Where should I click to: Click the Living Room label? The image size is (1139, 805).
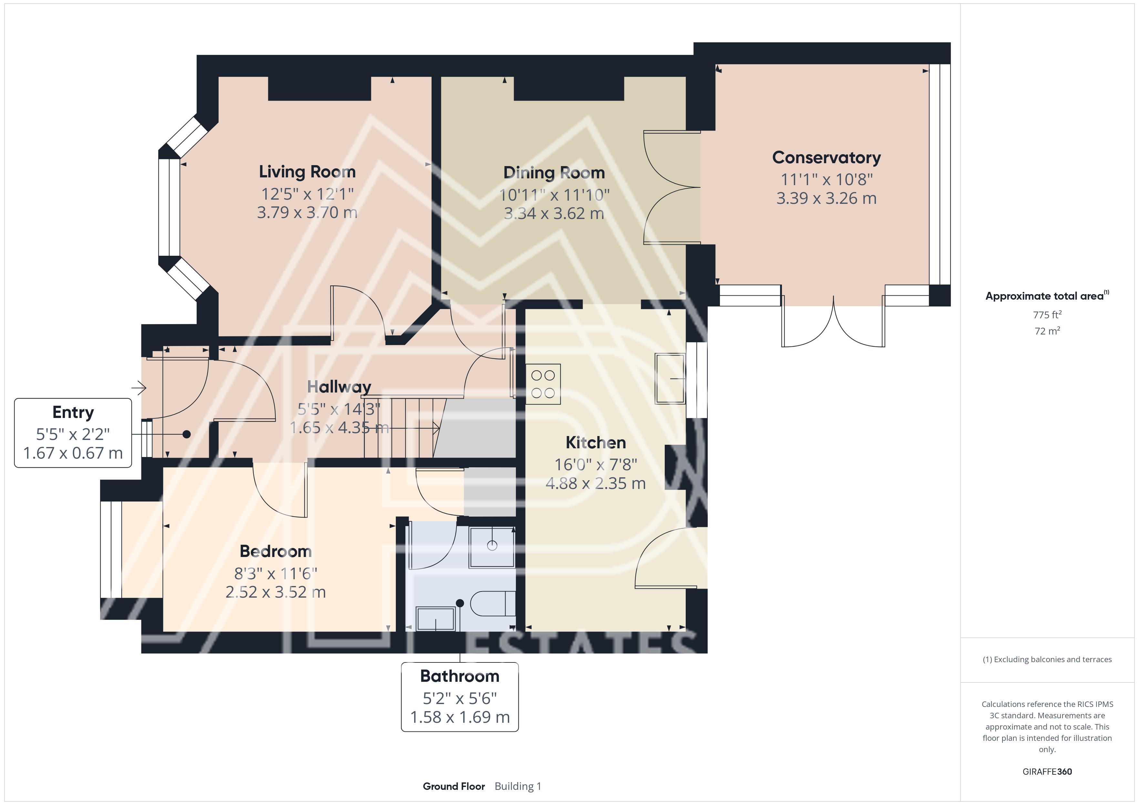click(x=307, y=172)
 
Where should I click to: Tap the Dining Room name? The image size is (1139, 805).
click(x=554, y=173)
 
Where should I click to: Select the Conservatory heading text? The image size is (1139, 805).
click(x=826, y=158)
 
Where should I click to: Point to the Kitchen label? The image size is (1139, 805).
click(x=596, y=442)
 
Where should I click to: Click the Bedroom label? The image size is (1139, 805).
click(x=276, y=551)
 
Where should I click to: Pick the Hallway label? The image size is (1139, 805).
click(x=339, y=387)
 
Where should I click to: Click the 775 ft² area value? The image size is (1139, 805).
click(x=1047, y=315)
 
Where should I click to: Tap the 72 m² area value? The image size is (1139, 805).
click(x=1047, y=331)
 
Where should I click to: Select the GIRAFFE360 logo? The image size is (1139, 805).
click(x=1047, y=771)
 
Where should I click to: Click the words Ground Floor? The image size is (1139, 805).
click(x=454, y=786)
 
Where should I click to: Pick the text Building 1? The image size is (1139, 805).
click(x=518, y=786)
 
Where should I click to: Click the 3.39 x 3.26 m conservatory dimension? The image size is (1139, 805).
click(x=826, y=198)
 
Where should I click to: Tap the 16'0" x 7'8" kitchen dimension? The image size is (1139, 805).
click(x=596, y=464)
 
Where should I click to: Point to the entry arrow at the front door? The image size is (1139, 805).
click(x=139, y=388)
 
